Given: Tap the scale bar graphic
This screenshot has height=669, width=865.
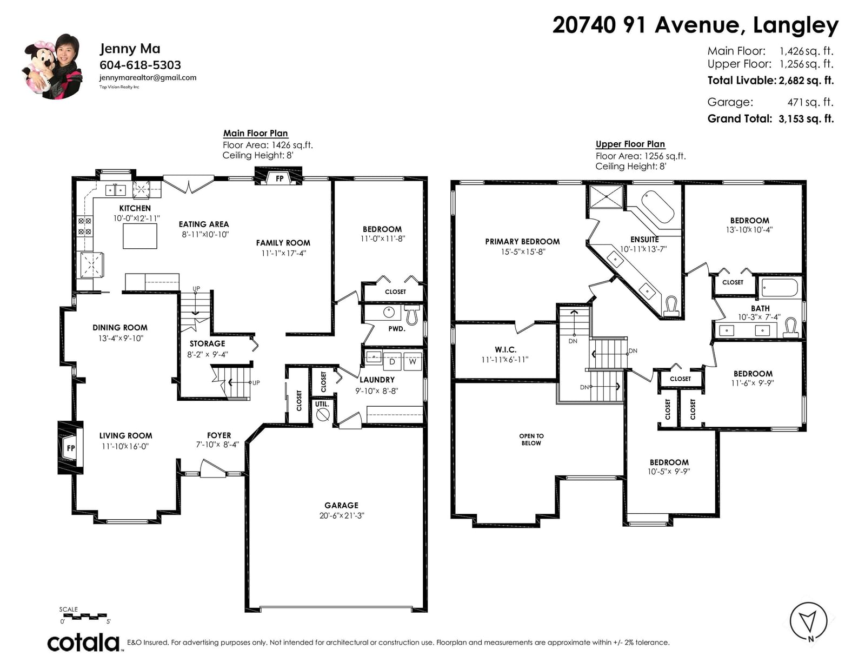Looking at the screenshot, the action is tap(85, 616).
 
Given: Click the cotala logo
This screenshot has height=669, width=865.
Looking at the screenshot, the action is tap(83, 642).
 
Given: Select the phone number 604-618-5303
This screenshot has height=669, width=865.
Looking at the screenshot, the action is tap(140, 64).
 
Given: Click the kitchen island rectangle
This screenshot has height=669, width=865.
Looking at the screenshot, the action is tap(139, 236).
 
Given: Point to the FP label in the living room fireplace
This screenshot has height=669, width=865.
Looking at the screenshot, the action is tap(71, 448).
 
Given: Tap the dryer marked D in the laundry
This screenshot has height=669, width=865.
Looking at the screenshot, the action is tap(392, 362).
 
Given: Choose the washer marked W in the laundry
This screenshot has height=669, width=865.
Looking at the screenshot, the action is tap(413, 362).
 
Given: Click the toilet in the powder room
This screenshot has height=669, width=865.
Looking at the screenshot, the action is tap(411, 314).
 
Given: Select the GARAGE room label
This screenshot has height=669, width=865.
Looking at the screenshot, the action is tap(341, 505).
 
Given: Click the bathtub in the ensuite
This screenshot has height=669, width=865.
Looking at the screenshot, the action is tap(657, 207).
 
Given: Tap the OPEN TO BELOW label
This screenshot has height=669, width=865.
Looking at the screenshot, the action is tap(531, 439).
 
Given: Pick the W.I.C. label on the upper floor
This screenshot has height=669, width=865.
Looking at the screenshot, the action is tap(505, 349).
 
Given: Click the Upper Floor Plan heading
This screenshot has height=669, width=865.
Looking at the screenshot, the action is tap(630, 144).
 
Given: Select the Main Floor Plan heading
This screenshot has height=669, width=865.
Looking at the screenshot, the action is tap(255, 133).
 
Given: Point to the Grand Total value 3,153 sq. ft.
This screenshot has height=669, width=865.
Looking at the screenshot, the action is tap(806, 118).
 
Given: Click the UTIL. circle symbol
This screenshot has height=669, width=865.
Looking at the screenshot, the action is tap(322, 415).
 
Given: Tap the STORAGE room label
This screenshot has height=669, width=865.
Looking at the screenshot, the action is tap(207, 343).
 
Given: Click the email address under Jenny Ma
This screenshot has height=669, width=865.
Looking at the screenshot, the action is tap(148, 78).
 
